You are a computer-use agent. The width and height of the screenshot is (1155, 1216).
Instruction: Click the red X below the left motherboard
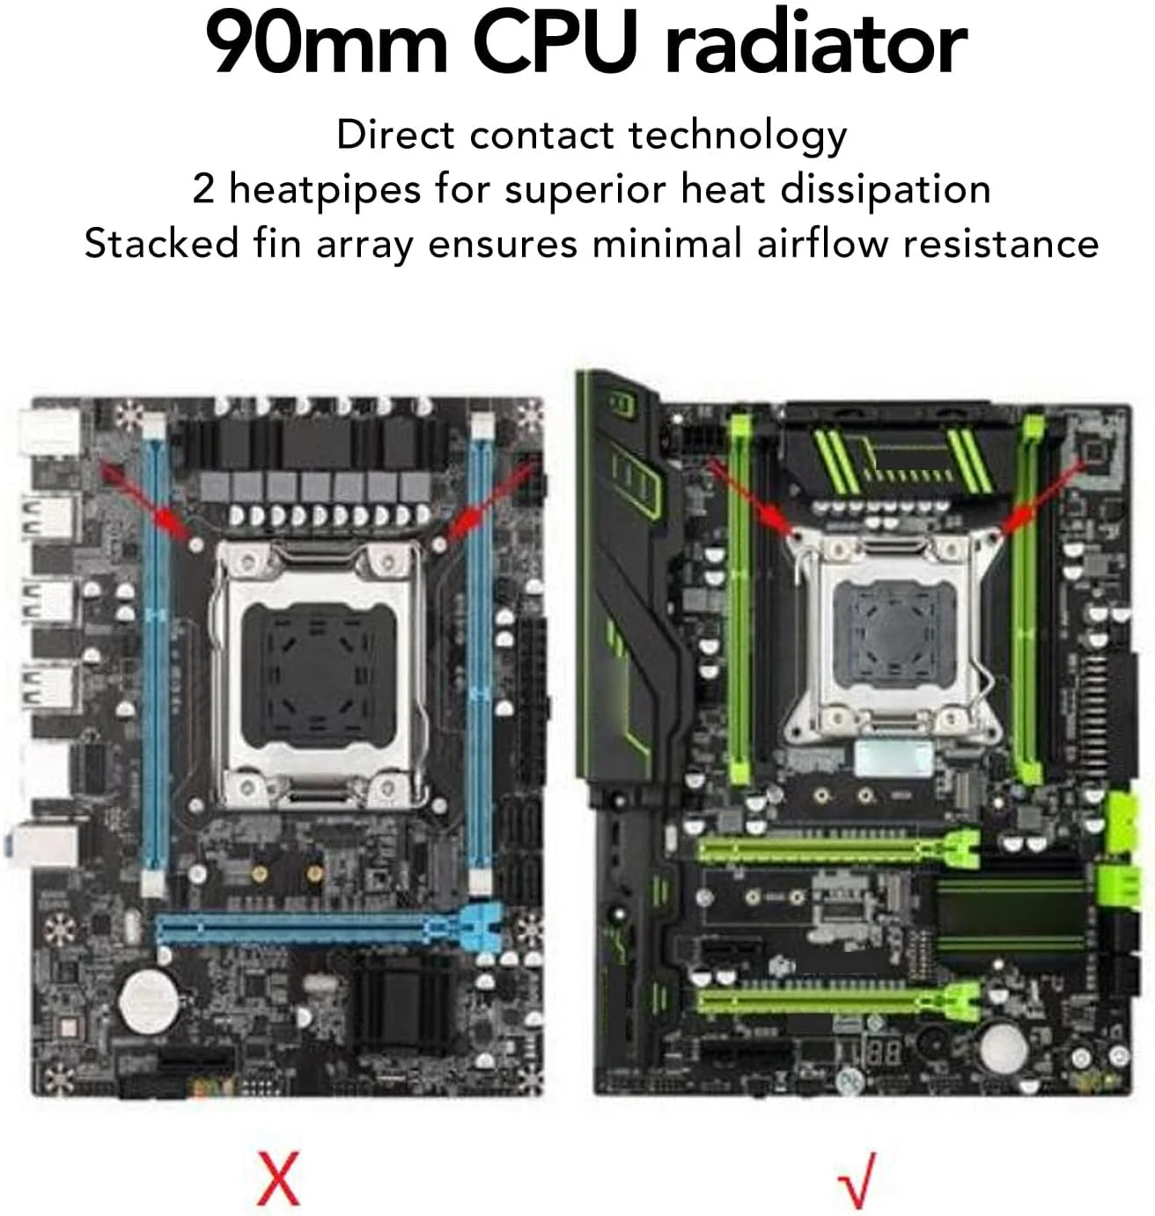pyautogui.click(x=278, y=1177)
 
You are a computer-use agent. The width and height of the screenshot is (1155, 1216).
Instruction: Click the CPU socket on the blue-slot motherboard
pyautogui.click(x=318, y=675)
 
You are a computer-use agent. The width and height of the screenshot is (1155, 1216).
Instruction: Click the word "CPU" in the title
pyautogui.click(x=555, y=44)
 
